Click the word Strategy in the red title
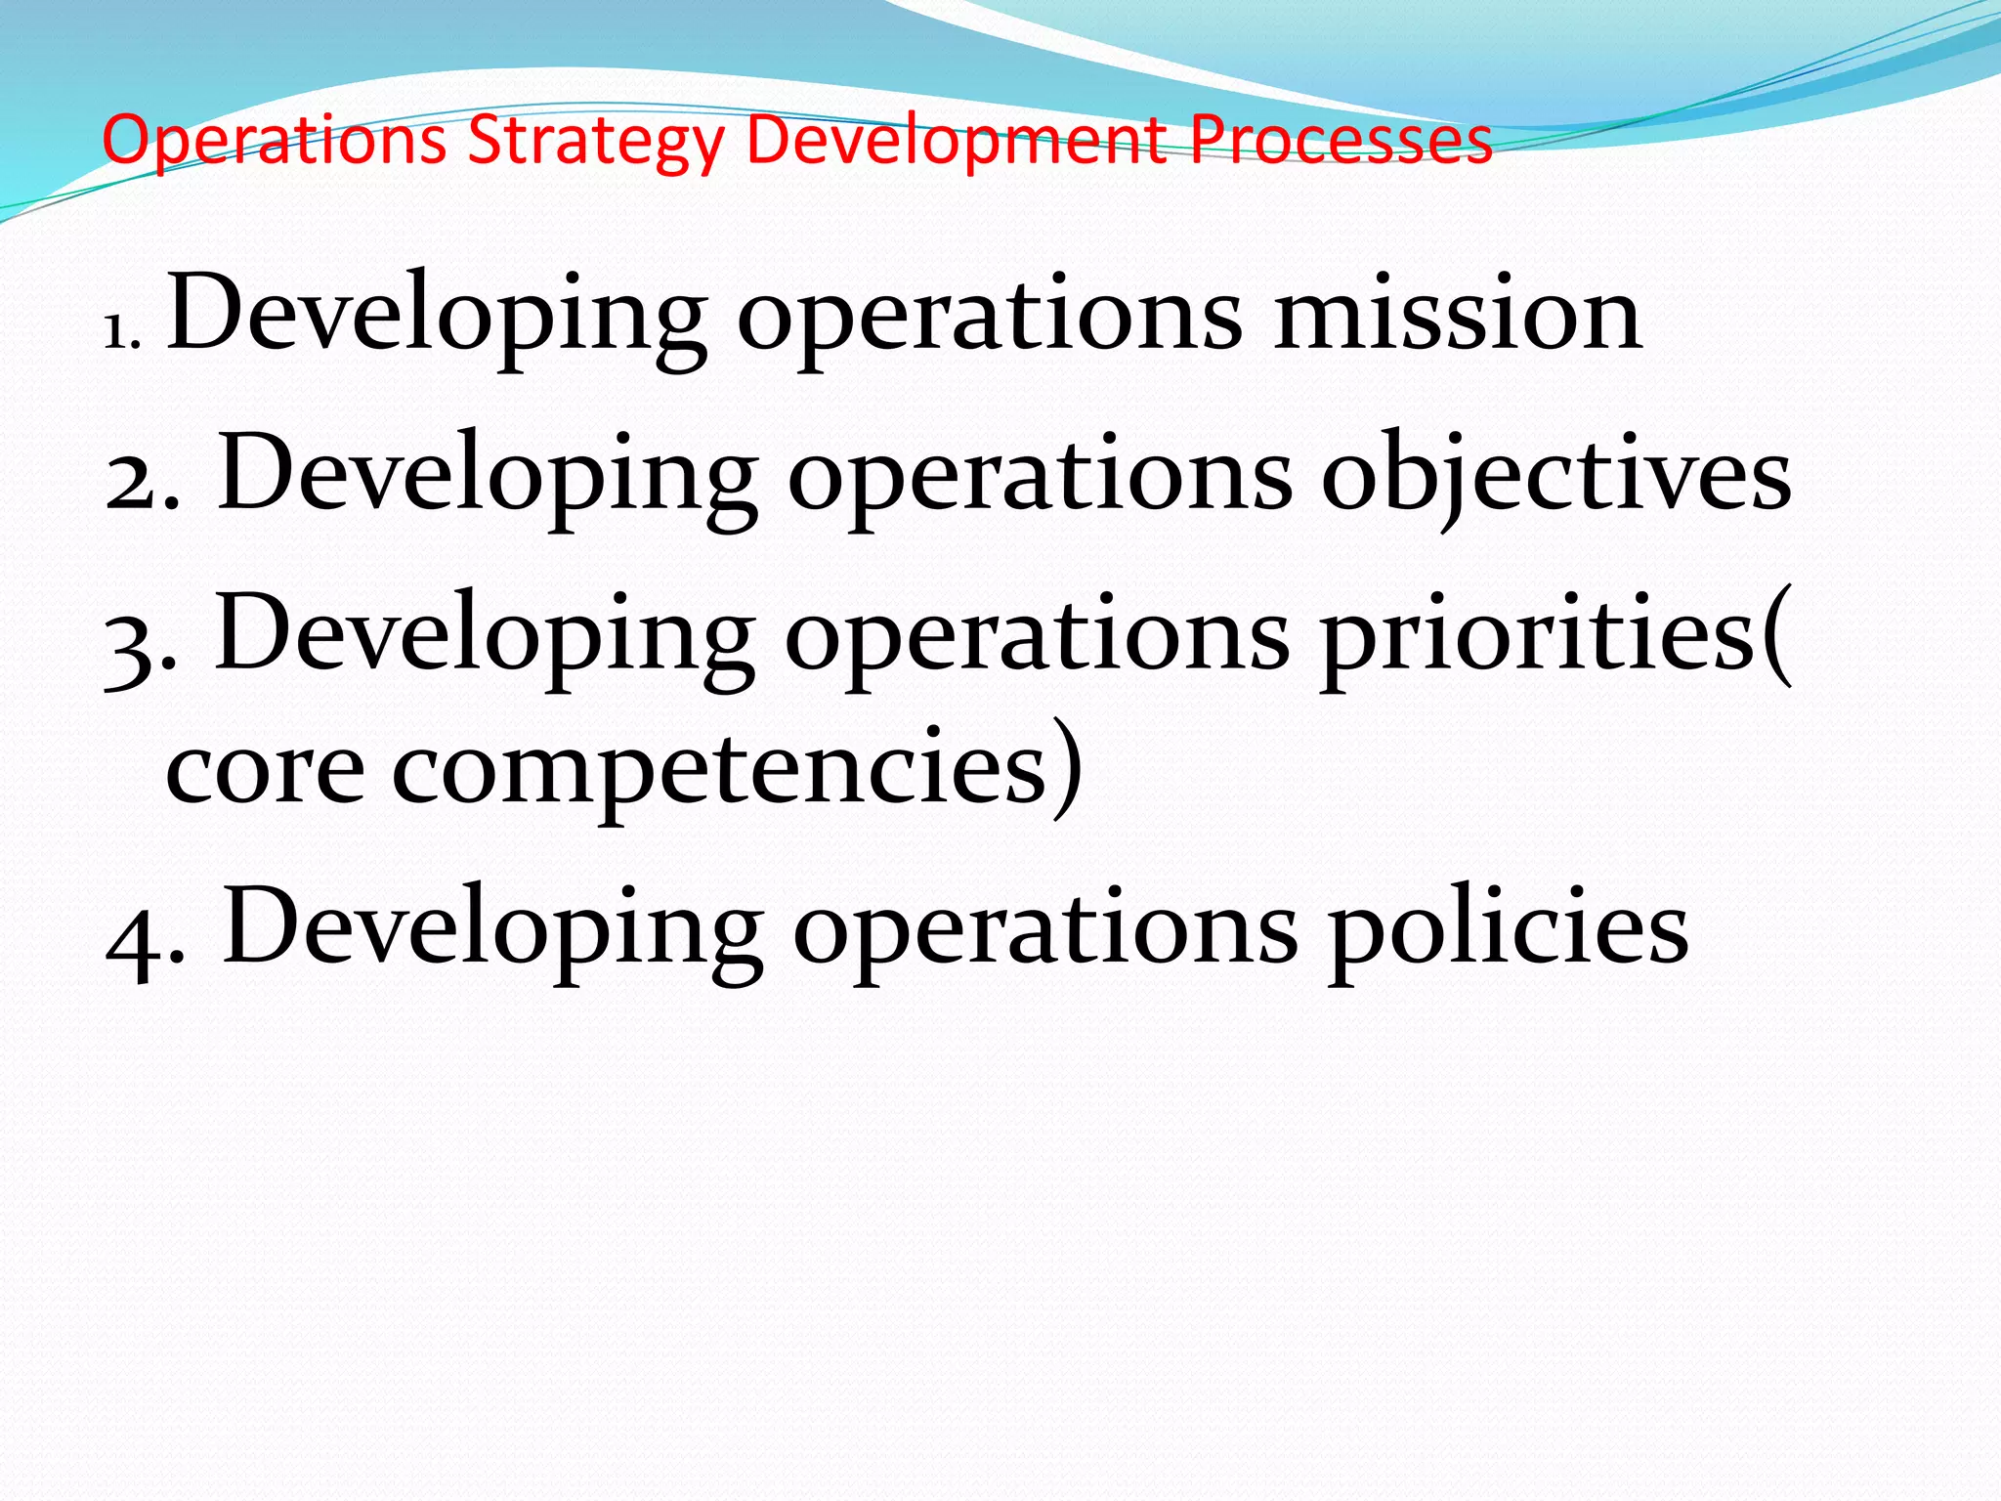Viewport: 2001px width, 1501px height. click(x=596, y=142)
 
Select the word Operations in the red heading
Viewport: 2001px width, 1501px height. click(x=275, y=142)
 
